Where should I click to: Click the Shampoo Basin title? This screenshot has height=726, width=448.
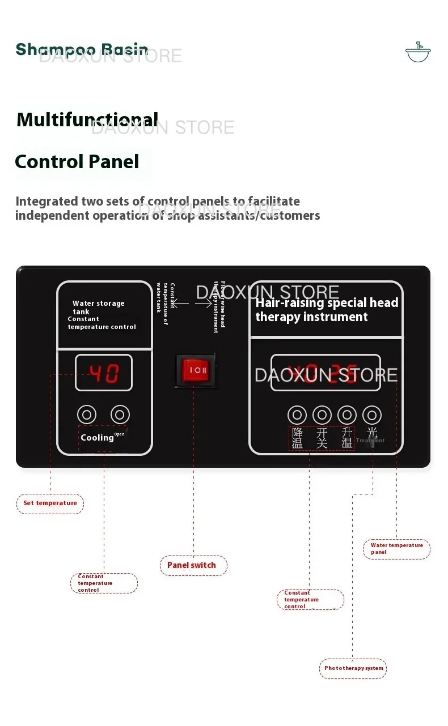82,49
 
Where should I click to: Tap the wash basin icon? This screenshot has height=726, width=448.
418,52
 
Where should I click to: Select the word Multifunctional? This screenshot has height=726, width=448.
87,119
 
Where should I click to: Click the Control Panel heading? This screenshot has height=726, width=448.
77,161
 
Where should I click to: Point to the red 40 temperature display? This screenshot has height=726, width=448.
103,373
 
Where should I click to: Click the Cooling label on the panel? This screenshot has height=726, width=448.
97,438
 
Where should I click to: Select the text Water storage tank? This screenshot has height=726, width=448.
98,307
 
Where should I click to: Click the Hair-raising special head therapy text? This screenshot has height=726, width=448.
326,310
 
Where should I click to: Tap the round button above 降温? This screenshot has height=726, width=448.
297,415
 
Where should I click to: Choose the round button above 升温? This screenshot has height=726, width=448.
346,415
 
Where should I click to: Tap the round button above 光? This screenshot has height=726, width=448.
371,415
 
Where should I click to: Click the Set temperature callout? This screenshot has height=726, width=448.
50,503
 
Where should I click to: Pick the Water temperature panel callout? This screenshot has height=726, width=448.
396,549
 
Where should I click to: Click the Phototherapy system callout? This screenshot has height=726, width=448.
353,668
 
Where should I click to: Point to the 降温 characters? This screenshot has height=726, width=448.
297,438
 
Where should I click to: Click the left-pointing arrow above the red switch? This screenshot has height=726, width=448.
180,304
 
